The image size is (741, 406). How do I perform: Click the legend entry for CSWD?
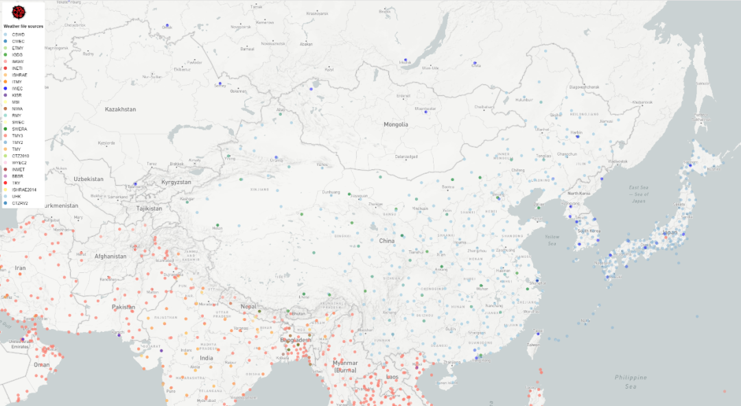point(17,34)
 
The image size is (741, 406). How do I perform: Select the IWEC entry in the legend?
point(17,88)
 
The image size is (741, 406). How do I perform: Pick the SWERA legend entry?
point(19,129)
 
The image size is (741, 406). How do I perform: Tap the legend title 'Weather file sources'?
point(23,26)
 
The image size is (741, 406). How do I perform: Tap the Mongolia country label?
point(396,125)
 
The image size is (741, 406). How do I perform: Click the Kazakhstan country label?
point(120,110)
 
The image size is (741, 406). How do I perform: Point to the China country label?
point(387,241)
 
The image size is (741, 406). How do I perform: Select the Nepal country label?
point(248,307)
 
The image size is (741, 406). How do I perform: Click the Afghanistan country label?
point(110,256)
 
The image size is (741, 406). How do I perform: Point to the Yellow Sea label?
point(552,241)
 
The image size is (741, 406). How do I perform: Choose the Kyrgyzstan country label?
point(176,182)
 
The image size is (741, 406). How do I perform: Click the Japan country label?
point(670,232)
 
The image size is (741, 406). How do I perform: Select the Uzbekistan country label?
point(89,179)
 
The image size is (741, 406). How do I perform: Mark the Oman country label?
point(42,365)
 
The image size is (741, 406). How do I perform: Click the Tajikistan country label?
point(148,208)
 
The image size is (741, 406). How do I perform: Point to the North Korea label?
point(579,193)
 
